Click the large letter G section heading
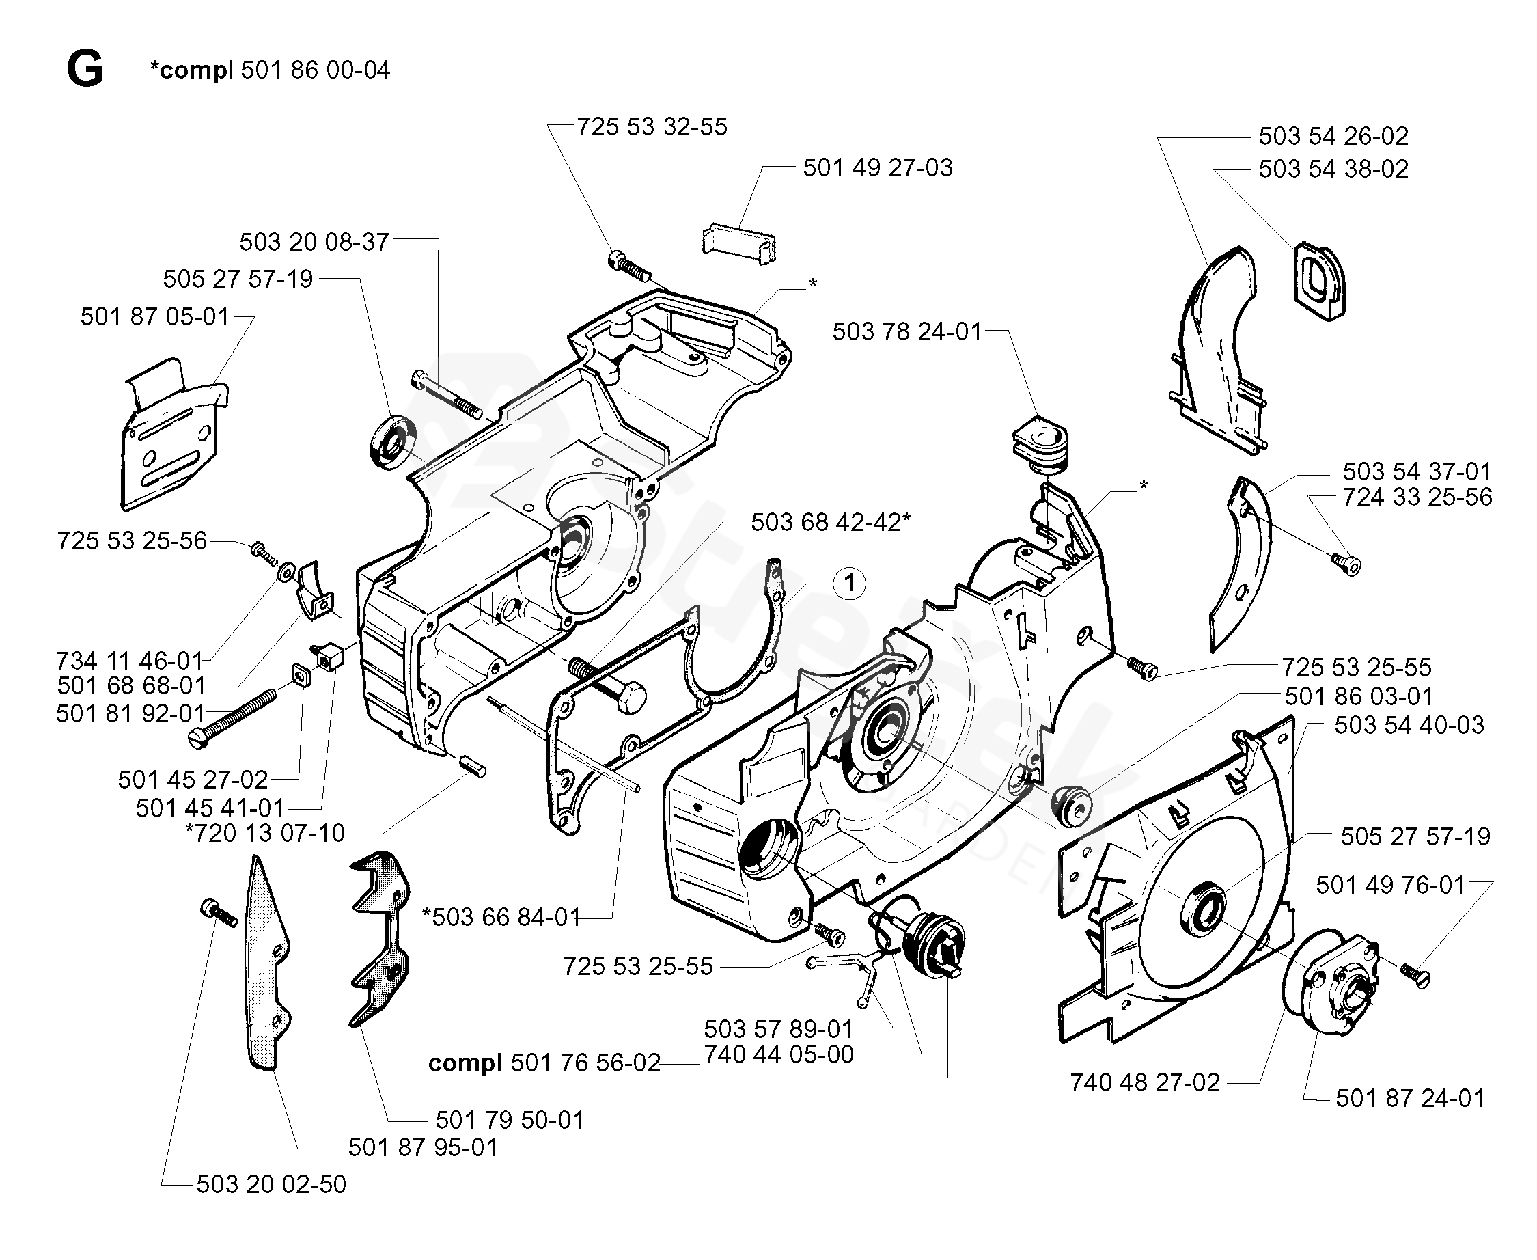tap(85, 70)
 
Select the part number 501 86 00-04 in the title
tap(315, 70)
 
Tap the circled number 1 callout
tap(850, 584)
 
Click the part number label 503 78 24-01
tap(906, 331)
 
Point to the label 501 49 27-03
tap(877, 167)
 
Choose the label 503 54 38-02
tap(1333, 169)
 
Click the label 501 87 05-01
tap(154, 317)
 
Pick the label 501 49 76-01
tap(1390, 886)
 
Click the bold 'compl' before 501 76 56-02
tap(465, 1064)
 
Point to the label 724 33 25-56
tap(1417, 497)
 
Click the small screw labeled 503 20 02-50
tap(219, 912)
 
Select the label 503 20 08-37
tap(314, 243)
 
